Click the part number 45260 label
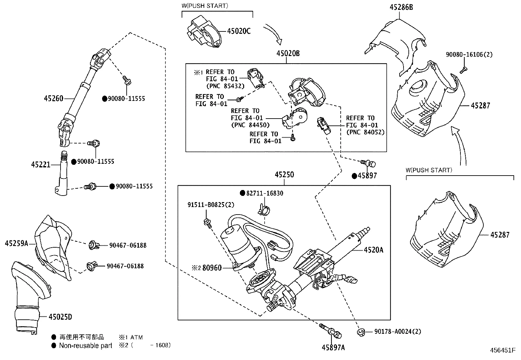[x=54, y=98]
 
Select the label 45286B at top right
[x=401, y=7]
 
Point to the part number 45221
[x=41, y=164]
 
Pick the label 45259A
[x=17, y=243]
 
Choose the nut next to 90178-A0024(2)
[x=361, y=332]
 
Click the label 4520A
[x=373, y=250]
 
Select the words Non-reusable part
[x=85, y=346]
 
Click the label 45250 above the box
[x=284, y=175]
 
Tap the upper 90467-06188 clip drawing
[x=93, y=245]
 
